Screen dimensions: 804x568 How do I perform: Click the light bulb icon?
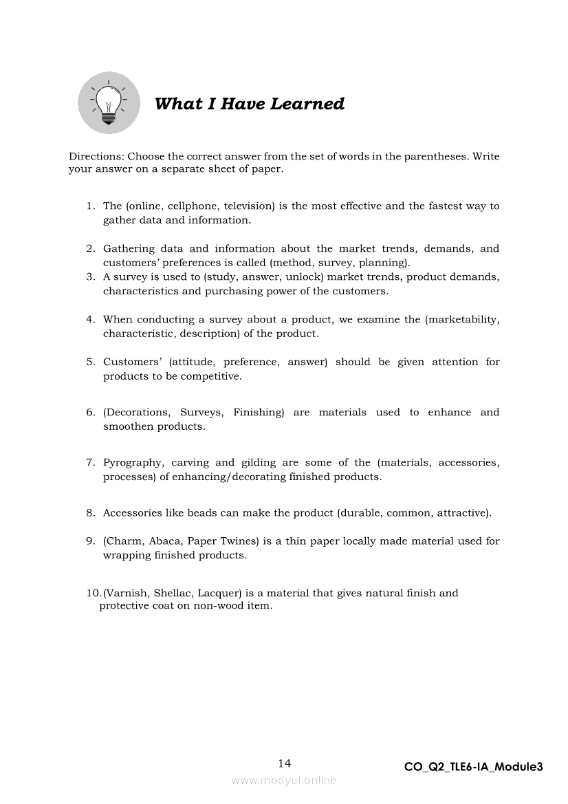pos(109,103)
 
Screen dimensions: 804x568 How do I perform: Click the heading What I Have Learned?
pos(250,104)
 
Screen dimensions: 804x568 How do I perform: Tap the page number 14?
pos(284,763)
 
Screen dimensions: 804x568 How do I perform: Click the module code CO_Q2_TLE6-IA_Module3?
pos(474,767)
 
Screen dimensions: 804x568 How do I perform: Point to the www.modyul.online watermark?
pos(284,781)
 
